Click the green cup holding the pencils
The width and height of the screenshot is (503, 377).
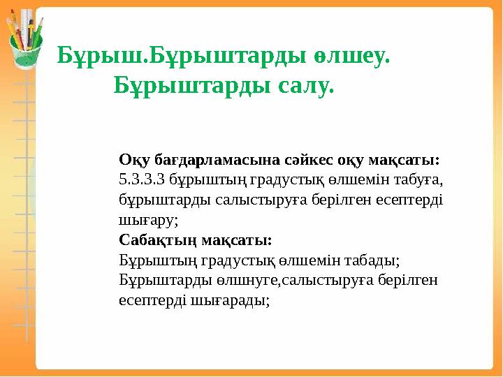[x=25, y=52]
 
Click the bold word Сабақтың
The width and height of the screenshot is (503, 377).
[x=157, y=240]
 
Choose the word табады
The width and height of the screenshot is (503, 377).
[x=370, y=260]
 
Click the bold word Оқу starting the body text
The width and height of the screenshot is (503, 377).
[x=132, y=159]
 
